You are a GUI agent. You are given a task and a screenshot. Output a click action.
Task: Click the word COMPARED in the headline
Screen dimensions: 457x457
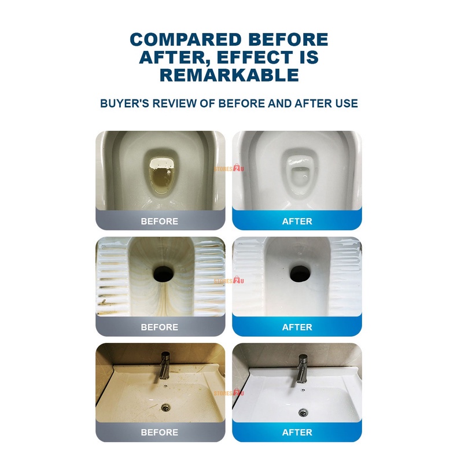click(x=186, y=39)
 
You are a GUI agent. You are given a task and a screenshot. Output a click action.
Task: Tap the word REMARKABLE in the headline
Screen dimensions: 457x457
click(x=229, y=75)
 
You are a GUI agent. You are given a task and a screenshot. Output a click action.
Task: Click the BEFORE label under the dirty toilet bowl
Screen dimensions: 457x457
click(x=160, y=221)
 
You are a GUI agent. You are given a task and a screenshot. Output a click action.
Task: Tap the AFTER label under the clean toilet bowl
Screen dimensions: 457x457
click(x=297, y=221)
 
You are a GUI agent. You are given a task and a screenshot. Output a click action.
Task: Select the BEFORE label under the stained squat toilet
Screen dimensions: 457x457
click(x=160, y=327)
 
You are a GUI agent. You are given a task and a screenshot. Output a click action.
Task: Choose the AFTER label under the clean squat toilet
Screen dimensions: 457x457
click(x=297, y=327)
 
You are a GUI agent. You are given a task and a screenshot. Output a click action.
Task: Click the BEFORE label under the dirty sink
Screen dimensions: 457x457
click(x=160, y=432)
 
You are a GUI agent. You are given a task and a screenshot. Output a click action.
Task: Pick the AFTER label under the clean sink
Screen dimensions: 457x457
click(x=297, y=432)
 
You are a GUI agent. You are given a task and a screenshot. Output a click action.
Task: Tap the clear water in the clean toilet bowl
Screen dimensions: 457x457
click(x=297, y=178)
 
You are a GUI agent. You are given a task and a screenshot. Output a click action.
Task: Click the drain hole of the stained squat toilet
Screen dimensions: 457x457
click(x=164, y=274)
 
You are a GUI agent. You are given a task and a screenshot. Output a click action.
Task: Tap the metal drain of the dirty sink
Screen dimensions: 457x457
click(x=165, y=407)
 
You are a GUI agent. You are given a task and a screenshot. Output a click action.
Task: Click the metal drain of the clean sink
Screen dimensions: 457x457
click(x=303, y=412)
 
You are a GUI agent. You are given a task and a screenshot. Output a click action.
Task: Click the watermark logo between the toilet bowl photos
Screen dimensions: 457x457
click(x=229, y=168)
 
